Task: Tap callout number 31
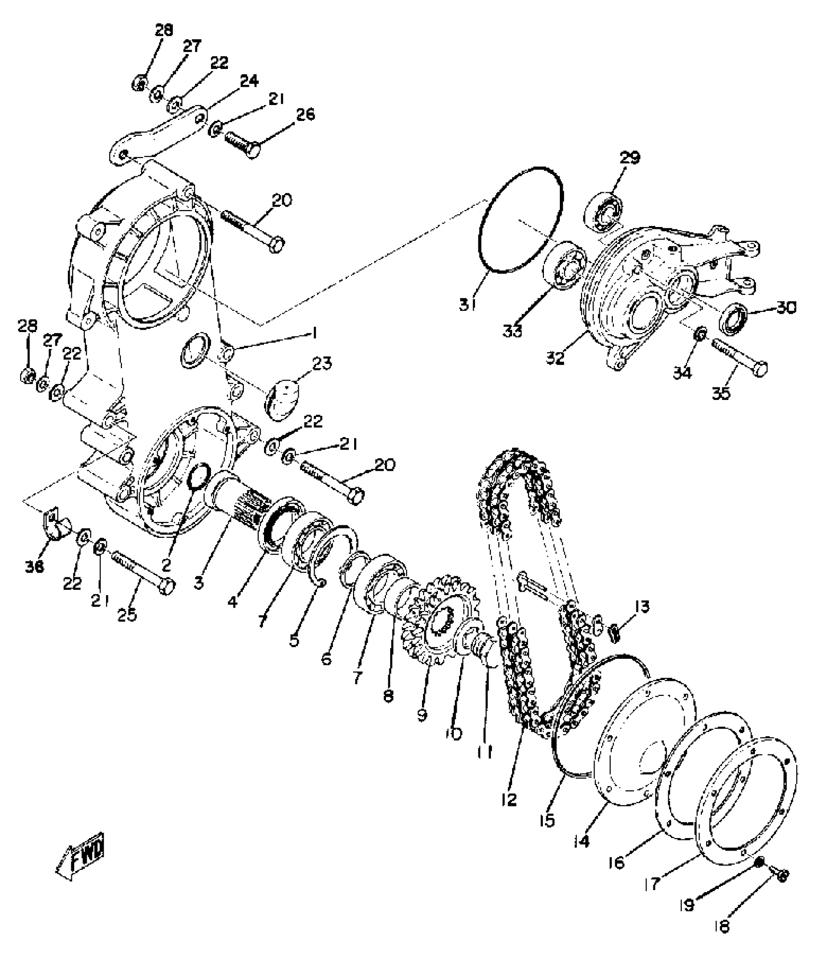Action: coord(467,305)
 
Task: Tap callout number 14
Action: coord(581,841)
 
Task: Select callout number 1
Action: coord(314,333)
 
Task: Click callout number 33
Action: coord(513,331)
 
